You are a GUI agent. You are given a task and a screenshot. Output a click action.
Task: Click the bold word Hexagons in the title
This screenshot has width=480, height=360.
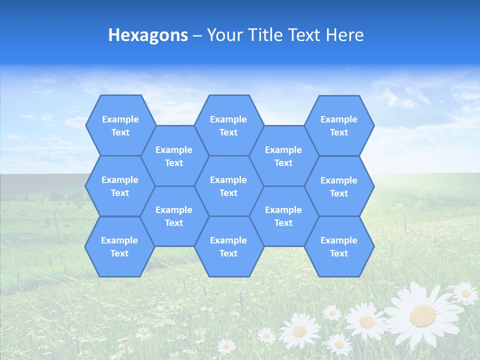click(148, 35)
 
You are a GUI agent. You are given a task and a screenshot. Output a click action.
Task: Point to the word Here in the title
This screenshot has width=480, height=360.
click(345, 35)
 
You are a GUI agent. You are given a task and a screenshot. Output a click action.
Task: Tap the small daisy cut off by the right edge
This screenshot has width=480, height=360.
click(466, 293)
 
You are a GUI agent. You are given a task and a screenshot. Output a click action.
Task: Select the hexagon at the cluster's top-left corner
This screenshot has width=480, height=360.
click(120, 125)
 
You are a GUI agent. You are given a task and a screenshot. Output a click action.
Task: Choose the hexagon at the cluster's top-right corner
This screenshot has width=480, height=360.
click(339, 125)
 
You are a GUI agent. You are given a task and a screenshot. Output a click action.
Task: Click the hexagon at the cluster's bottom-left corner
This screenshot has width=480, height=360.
click(119, 246)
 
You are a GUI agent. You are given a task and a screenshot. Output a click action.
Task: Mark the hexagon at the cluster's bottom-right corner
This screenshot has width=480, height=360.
click(339, 246)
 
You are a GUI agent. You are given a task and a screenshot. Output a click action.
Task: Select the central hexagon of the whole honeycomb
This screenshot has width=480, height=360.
click(228, 186)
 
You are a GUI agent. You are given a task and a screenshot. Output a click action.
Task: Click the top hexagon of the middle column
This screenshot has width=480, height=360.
click(228, 125)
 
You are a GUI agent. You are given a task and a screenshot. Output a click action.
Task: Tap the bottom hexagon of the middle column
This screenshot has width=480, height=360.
click(228, 246)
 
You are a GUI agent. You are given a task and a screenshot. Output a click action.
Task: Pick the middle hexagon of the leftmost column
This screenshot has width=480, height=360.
click(120, 186)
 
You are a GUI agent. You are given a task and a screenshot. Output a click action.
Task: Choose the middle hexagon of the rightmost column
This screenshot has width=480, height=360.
click(339, 186)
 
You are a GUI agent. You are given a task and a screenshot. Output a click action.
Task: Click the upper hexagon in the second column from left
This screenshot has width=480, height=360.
click(174, 156)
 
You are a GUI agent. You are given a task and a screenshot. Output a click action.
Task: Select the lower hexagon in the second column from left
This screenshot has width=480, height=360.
click(174, 216)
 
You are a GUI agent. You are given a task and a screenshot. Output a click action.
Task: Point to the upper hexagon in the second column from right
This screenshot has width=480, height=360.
click(283, 156)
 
